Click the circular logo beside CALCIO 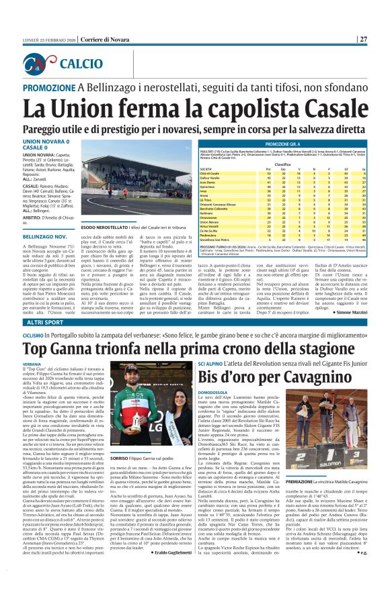[x=51, y=64]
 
